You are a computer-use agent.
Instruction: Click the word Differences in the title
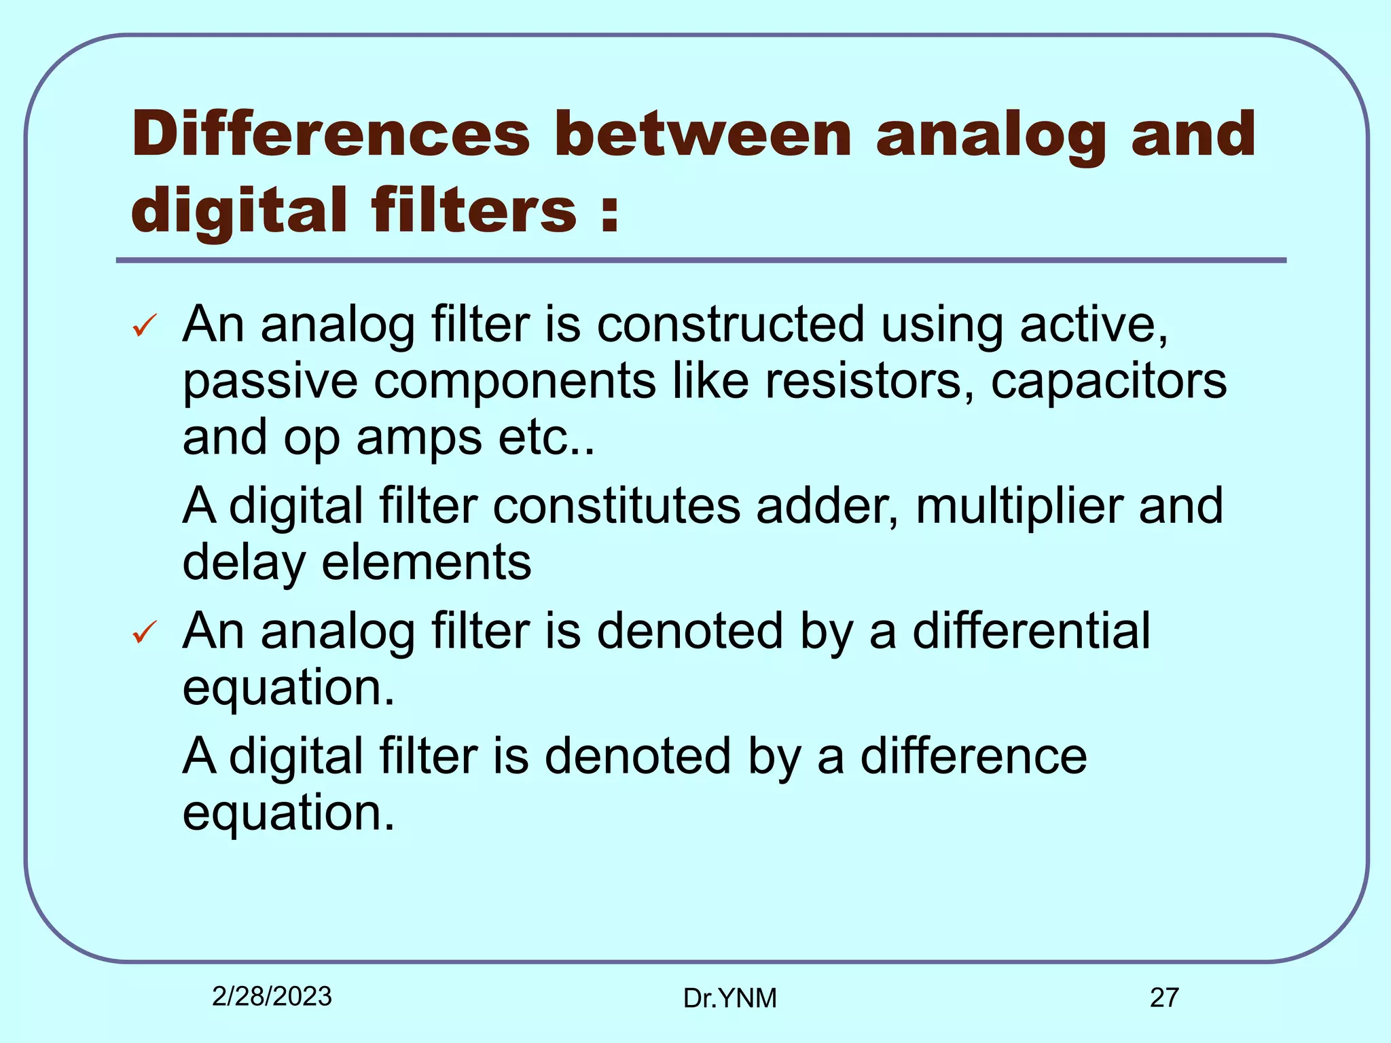(330, 134)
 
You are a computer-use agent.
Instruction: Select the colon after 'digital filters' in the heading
(610, 212)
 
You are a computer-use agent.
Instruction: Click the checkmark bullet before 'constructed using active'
(145, 326)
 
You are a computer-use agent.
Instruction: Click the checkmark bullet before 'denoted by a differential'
(145, 632)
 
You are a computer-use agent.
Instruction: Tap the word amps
(419, 438)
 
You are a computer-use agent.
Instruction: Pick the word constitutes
(616, 507)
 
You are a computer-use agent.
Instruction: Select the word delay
(244, 564)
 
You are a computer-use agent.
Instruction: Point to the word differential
(1031, 632)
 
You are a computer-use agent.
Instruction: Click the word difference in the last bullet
(973, 756)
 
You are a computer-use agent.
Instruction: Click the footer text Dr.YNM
(729, 998)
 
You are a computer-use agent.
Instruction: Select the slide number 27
(1164, 998)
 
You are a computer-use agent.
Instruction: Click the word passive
(270, 383)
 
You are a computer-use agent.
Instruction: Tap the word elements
(426, 564)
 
